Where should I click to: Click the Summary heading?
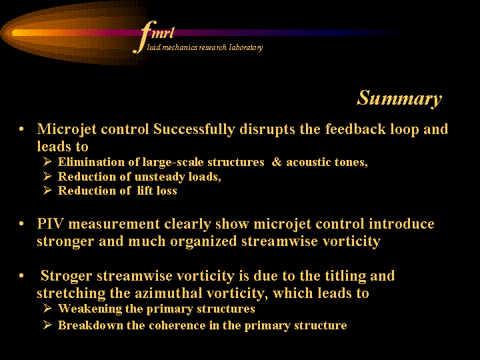click(x=399, y=98)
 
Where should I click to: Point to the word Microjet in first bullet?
click(x=67, y=129)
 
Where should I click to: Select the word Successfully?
click(x=194, y=129)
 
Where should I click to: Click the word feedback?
click(x=355, y=129)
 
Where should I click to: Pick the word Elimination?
click(x=91, y=162)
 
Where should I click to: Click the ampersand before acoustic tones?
click(x=277, y=162)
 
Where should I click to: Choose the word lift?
click(x=145, y=191)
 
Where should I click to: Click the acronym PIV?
click(x=50, y=224)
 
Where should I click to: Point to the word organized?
click(x=203, y=241)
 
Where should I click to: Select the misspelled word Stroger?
click(x=66, y=276)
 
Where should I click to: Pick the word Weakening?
click(x=90, y=309)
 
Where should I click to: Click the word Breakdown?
click(x=91, y=325)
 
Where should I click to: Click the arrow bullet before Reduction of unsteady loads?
click(x=47, y=176)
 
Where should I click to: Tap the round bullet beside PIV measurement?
click(x=21, y=224)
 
